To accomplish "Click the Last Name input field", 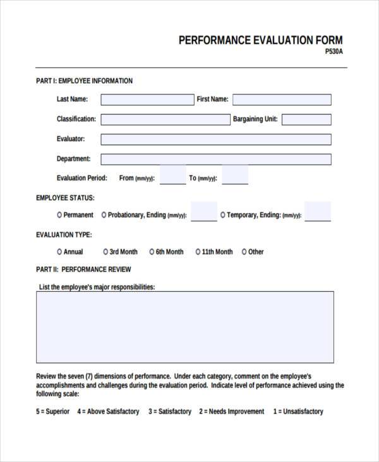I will pos(147,99).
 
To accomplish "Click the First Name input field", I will pos(282,99).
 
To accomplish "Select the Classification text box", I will pos(165,120).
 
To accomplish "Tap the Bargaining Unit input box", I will pos(306,120).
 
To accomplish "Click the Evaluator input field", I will pos(215,139).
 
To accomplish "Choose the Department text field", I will pos(215,159).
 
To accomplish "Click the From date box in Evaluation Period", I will pos(172,175).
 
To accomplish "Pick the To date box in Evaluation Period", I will pos(235,175).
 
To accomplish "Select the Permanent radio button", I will pos(59,215).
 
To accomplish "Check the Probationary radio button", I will pos(104,215).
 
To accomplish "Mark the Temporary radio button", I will pos(223,215).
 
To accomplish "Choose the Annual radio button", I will pos(59,252).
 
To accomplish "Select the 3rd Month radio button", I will pos(105,252).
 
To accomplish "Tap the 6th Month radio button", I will pos(152,252).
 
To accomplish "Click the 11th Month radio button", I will pos(198,252).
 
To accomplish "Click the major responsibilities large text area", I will pos(185,323).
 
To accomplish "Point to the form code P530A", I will pos(334,53).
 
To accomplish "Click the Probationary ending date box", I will pos(203,212).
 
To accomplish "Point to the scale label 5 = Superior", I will pos(53,411).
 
